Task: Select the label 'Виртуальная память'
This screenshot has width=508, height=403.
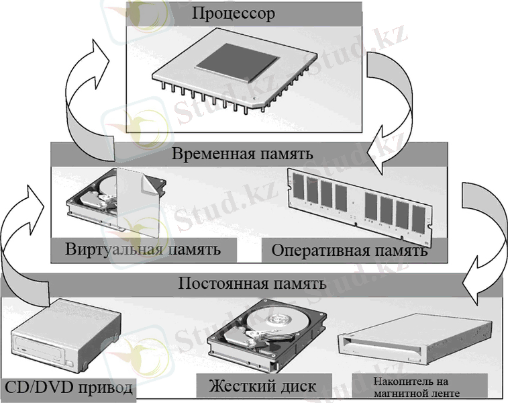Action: pos(144,250)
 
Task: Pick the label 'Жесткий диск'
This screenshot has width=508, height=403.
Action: pos(262,386)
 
